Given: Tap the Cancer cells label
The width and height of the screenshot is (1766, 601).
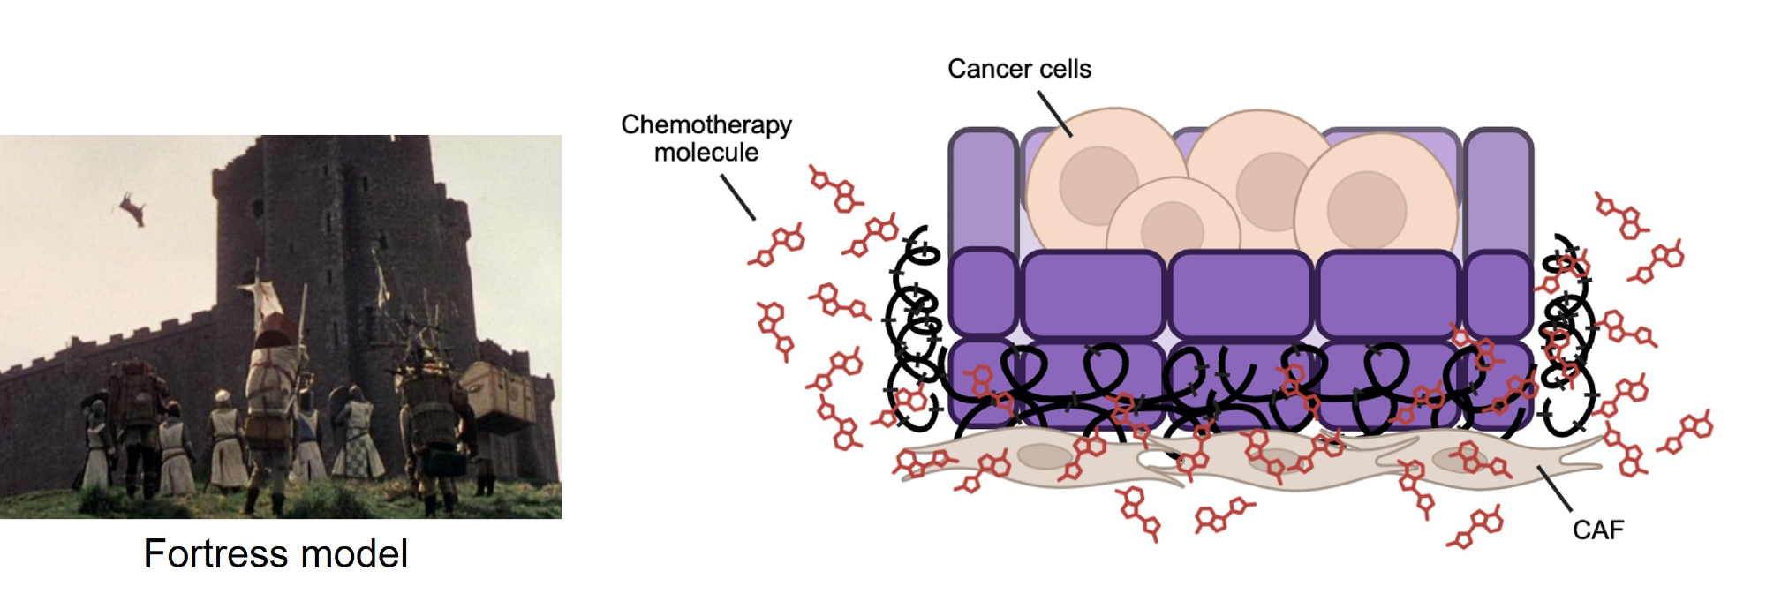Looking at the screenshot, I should coord(1019,69).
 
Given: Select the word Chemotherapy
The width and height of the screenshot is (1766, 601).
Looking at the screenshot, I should coord(706,124).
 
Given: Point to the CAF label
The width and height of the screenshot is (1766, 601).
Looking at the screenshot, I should coord(1597,530).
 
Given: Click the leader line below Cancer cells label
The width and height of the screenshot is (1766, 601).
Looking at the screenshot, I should coord(1054,114).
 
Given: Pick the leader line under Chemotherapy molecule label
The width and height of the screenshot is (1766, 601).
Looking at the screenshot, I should coord(738,197).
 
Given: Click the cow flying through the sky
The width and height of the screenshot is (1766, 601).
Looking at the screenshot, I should coord(133,207).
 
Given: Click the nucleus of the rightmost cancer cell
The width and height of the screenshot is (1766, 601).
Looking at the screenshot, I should coord(1366,208).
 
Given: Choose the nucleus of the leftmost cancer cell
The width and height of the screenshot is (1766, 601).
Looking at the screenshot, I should coord(1098,184).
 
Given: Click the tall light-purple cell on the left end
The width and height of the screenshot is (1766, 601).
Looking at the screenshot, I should coord(983,190).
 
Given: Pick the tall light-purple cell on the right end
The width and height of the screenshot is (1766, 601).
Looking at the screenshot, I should coord(1498,190).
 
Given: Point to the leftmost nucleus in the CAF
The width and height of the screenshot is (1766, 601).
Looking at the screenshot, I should coord(1045,456).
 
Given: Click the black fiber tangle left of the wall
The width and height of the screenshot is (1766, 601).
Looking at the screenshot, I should coord(914,335).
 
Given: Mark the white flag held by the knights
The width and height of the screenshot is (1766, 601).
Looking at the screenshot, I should coord(262,296).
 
